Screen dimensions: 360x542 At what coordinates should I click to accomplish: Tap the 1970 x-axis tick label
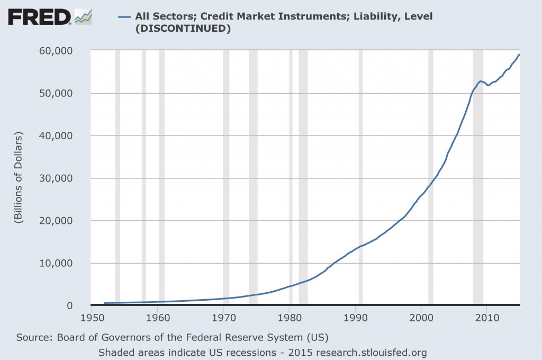pos(223,319)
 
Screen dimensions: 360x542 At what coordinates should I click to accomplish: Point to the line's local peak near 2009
pos(481,81)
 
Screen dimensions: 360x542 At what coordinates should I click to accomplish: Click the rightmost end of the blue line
pos(520,55)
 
